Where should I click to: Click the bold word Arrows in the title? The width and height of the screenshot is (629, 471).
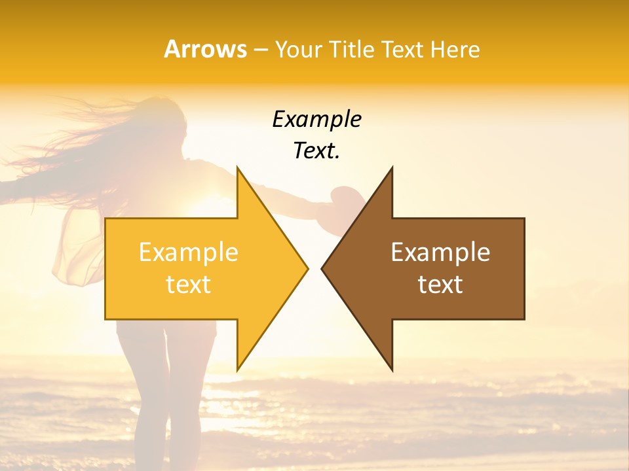tap(205, 49)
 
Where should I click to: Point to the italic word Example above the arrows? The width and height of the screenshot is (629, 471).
tap(316, 119)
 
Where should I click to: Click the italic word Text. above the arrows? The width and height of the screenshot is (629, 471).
tap(316, 150)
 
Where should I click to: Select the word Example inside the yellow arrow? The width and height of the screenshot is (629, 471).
tap(189, 252)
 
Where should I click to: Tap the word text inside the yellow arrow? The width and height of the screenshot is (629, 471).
tap(189, 284)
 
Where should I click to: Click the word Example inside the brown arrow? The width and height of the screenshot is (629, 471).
tap(440, 252)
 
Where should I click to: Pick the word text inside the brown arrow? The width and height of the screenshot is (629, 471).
tap(440, 284)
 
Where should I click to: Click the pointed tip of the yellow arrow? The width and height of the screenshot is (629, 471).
tap(307, 268)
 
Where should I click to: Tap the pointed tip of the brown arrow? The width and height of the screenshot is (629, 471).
tap(322, 268)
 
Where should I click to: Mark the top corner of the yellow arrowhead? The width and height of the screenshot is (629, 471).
tap(238, 167)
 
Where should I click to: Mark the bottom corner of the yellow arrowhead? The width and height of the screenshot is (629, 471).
tap(238, 370)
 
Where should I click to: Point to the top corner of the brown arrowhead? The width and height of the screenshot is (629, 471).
tap(392, 167)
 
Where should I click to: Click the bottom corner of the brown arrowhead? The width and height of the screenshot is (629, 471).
tap(392, 370)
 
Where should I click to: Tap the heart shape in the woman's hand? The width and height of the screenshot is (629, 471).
tap(342, 196)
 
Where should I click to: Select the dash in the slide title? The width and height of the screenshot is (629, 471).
tap(260, 50)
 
